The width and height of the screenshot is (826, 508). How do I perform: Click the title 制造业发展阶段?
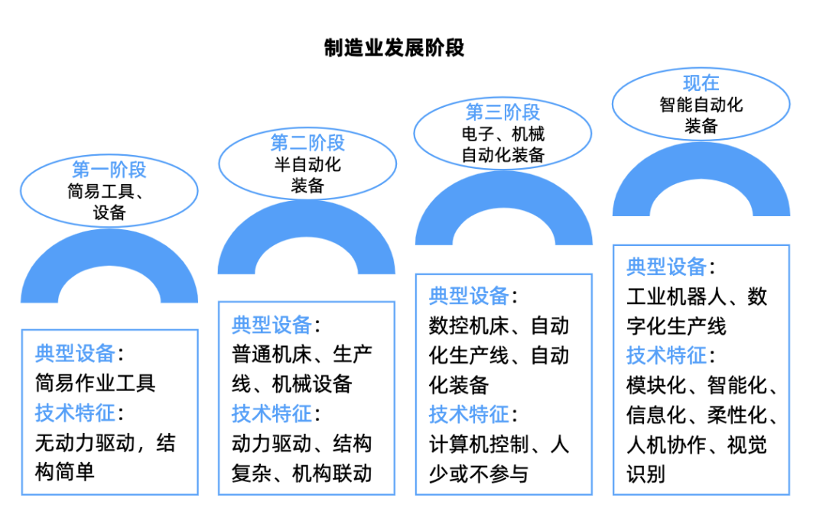(x=394, y=48)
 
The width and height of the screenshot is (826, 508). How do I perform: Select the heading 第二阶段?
(x=307, y=143)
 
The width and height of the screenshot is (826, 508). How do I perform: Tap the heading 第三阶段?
(x=502, y=113)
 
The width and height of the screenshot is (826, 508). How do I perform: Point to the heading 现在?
(x=701, y=83)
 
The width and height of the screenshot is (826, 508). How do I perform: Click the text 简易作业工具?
(x=95, y=383)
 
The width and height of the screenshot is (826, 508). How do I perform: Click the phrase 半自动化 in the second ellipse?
(x=307, y=164)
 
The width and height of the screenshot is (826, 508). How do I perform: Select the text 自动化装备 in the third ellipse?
(x=502, y=155)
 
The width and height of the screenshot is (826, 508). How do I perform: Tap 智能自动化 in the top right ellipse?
(x=701, y=105)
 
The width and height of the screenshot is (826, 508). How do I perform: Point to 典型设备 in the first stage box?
(x=75, y=353)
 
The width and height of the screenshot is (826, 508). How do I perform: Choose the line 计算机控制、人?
(x=499, y=444)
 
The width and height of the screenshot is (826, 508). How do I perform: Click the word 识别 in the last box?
(x=646, y=474)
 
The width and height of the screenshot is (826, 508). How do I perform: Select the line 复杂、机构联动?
(x=301, y=474)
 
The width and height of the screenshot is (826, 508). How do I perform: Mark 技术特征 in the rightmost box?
(x=666, y=355)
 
